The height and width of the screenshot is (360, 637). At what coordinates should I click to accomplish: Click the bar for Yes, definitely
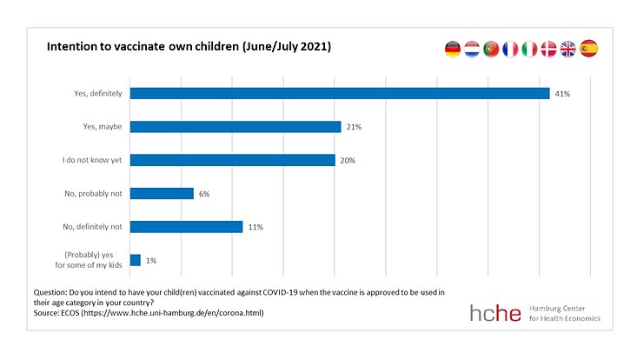pyautogui.click(x=339, y=93)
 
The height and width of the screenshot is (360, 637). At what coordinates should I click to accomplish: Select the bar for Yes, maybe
pyautogui.click(x=235, y=127)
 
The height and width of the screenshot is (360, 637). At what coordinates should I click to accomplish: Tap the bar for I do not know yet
pyautogui.click(x=232, y=160)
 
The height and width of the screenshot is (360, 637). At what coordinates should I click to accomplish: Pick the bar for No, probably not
pyautogui.click(x=162, y=193)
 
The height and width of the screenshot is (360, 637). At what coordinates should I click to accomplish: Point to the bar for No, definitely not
pyautogui.click(x=186, y=227)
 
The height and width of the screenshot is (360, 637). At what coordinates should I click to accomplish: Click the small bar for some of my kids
pyautogui.click(x=136, y=260)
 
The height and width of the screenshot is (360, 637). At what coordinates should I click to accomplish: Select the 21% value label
pyautogui.click(x=353, y=127)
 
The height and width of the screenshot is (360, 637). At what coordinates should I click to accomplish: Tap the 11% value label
pyautogui.click(x=255, y=227)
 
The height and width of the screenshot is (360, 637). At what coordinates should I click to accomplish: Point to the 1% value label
pyautogui.click(x=151, y=260)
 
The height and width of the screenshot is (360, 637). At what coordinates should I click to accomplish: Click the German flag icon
pyautogui.click(x=453, y=50)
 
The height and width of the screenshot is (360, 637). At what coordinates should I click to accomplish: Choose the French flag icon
pyautogui.click(x=510, y=50)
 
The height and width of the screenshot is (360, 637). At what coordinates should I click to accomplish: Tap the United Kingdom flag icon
pyautogui.click(x=567, y=50)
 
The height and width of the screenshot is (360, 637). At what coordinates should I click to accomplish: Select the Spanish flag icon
pyautogui.click(x=588, y=50)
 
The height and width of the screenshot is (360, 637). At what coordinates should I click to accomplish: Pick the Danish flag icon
pyautogui.click(x=548, y=50)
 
